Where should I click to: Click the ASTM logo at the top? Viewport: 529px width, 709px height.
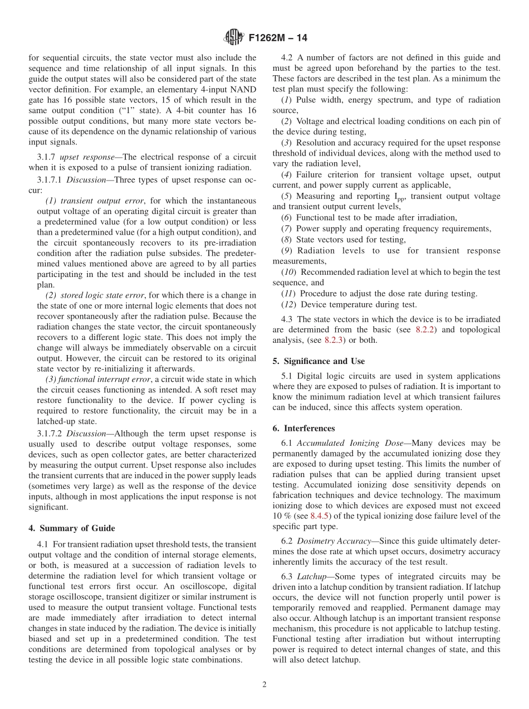click(233, 37)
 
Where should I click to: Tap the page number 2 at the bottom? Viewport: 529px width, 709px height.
click(264, 684)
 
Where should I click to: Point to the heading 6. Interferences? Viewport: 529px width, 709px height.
click(303, 428)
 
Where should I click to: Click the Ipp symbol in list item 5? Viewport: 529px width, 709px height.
click(415, 196)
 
